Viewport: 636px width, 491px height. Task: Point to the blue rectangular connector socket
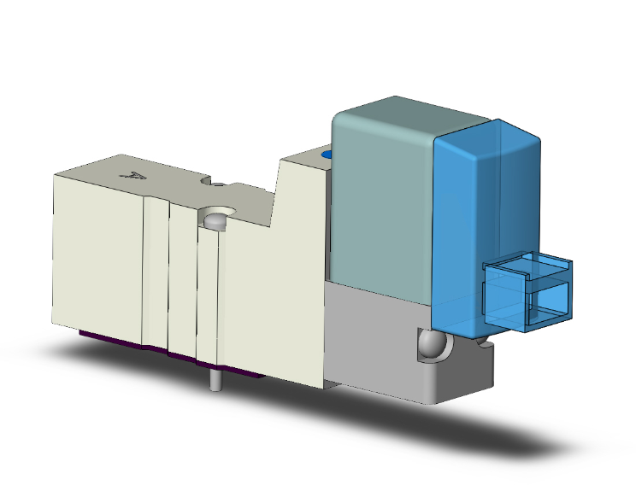click(x=527, y=291)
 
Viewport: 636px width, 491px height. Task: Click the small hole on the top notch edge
click(x=219, y=184)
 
